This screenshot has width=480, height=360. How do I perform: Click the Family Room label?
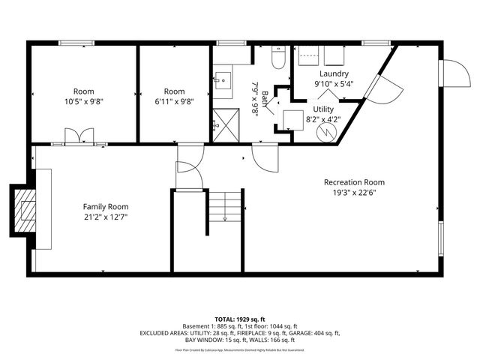pos(105,207)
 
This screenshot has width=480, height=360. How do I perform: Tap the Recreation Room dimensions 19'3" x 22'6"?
pos(354,193)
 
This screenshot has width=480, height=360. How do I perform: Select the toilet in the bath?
pos(277,58)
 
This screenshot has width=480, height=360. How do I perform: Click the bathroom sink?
pos(223,76)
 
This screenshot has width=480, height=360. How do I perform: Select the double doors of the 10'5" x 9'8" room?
pos(78,136)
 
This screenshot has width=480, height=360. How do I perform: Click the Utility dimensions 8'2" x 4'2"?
pos(323,118)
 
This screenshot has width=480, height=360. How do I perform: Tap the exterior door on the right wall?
pos(452,74)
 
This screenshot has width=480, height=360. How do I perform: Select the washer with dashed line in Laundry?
pos(307,56)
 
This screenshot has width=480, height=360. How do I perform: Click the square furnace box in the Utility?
pos(293,119)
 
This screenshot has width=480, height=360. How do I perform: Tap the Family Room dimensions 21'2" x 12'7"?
pos(105,217)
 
